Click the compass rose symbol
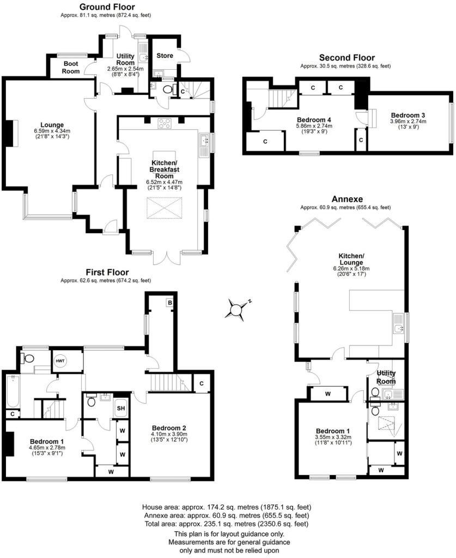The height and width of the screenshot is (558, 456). tap(237, 309)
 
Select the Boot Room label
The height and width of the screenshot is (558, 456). tap(71, 67)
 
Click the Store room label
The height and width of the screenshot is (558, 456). tap(165, 56)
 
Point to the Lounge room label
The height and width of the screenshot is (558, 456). tap(52, 125)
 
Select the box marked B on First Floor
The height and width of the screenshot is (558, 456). tap(170, 302)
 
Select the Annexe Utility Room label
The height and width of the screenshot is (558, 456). tap(386, 377)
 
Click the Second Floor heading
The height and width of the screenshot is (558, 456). tap(346, 58)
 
